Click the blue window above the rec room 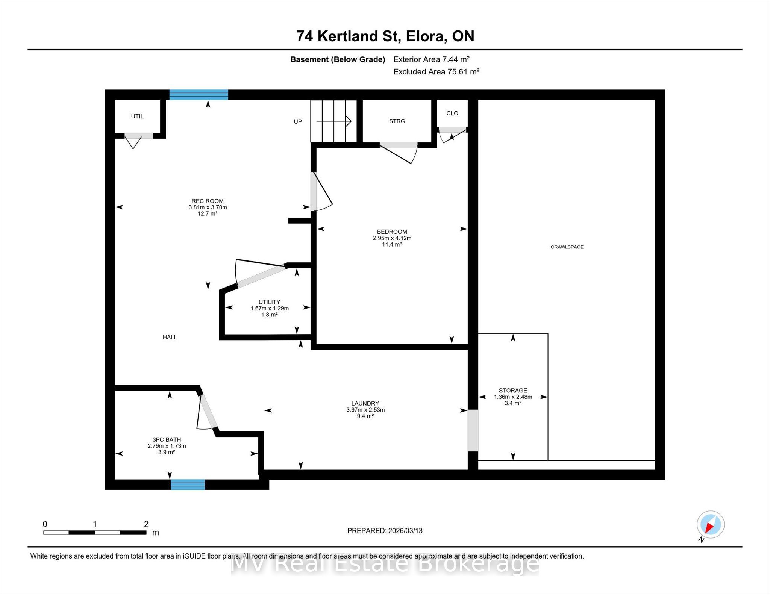click(199, 95)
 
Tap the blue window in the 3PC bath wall click(188, 484)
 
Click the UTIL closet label click(137, 117)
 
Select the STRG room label click(397, 121)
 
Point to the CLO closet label click(452, 113)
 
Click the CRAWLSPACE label click(567, 247)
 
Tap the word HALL click(170, 337)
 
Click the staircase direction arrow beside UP click(333, 121)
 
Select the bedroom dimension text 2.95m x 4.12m click(392, 238)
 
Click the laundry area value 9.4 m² click(365, 416)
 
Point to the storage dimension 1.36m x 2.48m click(513, 397)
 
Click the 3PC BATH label click(167, 439)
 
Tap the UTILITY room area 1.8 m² click(270, 315)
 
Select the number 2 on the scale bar click(146, 524)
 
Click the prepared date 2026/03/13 click(405, 531)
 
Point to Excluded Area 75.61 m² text click(436, 71)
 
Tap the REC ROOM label click(208, 201)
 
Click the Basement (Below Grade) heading click(338, 59)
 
